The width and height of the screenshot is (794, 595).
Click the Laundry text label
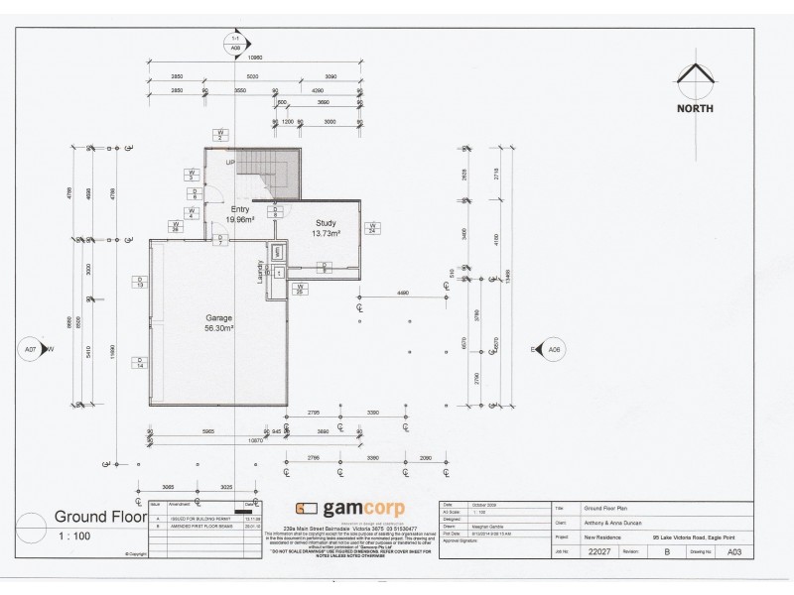pos(262,274)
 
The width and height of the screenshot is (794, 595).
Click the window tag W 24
pos(373,228)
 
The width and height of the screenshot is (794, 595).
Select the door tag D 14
pos(141,362)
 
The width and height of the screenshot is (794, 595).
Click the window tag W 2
pos(222,135)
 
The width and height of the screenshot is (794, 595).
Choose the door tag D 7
pos(218,239)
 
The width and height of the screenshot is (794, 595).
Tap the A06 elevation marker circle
pos(554,350)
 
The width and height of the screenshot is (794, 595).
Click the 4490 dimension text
pos(404,293)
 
